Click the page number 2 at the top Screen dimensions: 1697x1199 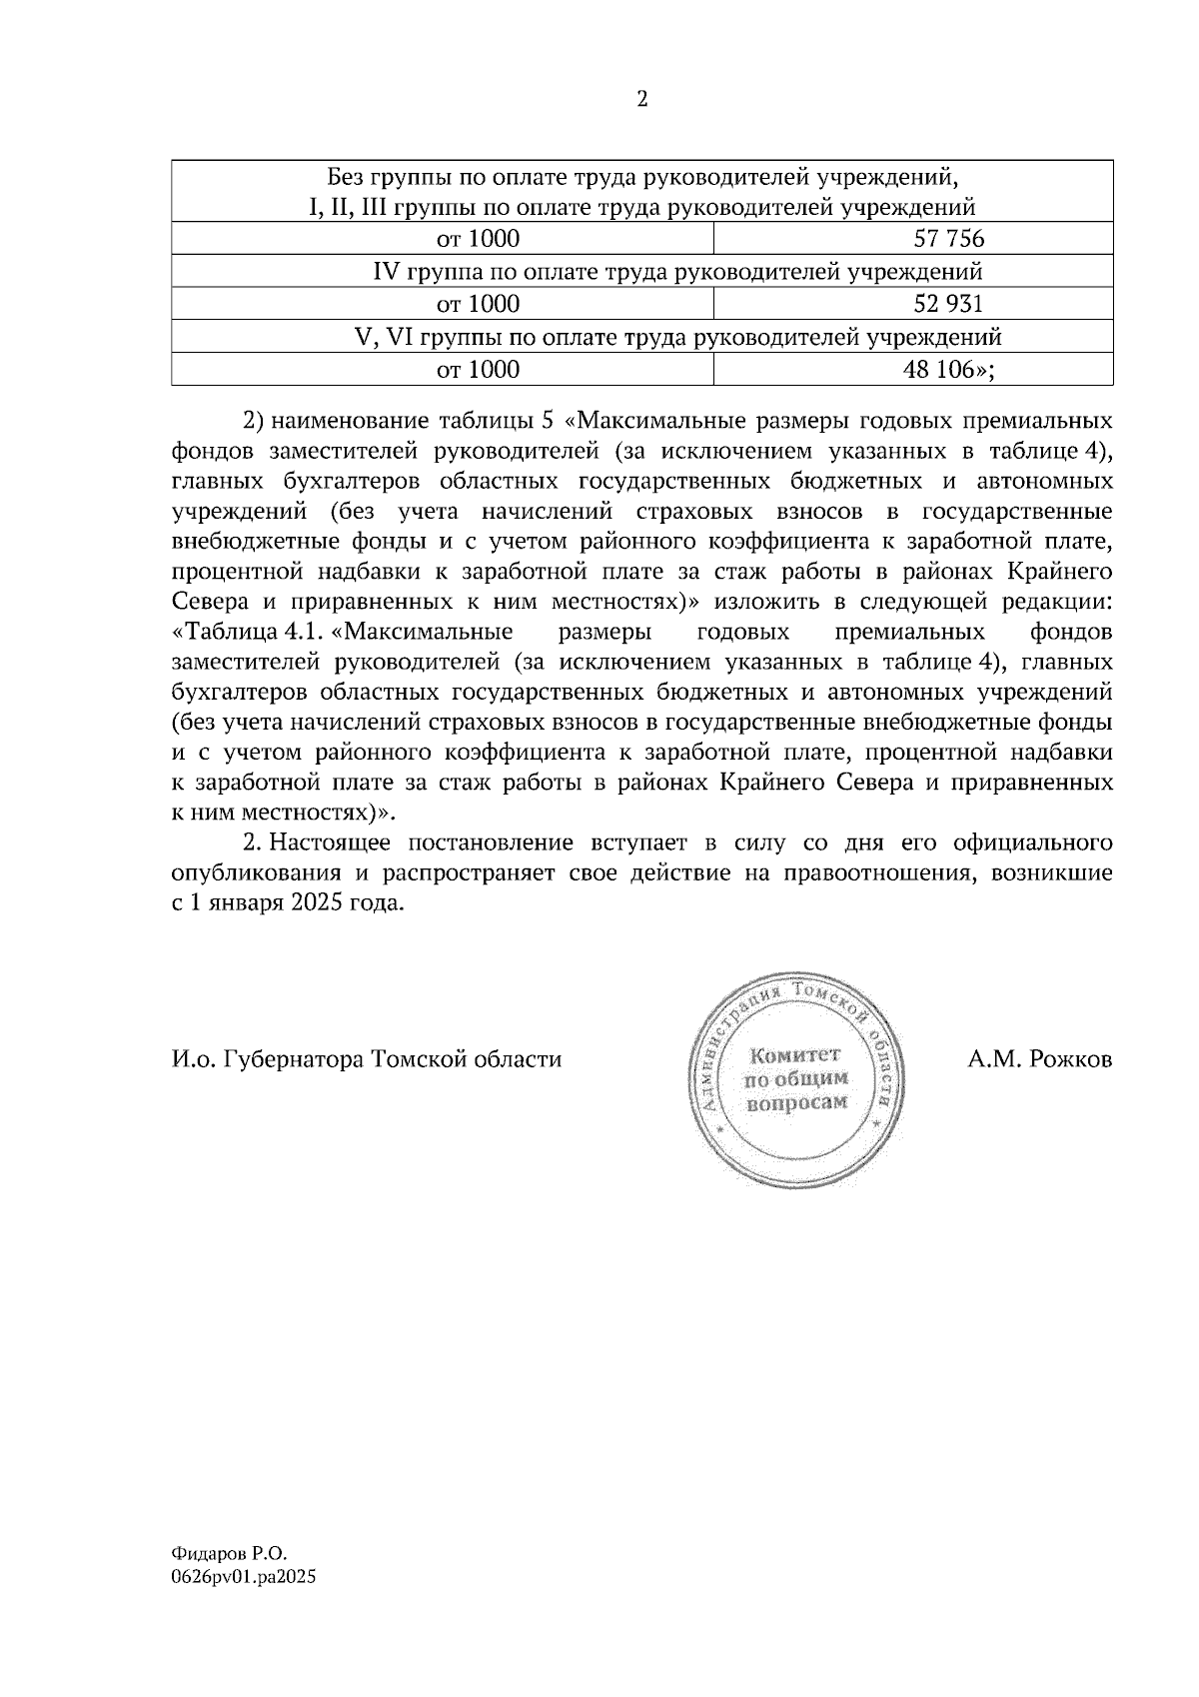[641, 99]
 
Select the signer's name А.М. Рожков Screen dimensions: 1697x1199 [1039, 1059]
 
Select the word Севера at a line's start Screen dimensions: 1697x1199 [209, 603]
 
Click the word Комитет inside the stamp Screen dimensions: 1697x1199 [796, 1055]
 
